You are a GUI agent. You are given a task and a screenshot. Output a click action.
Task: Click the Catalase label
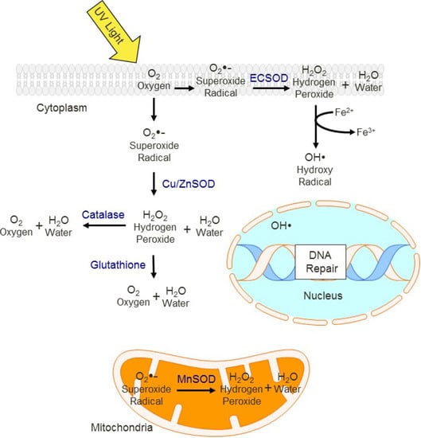[x=102, y=213]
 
